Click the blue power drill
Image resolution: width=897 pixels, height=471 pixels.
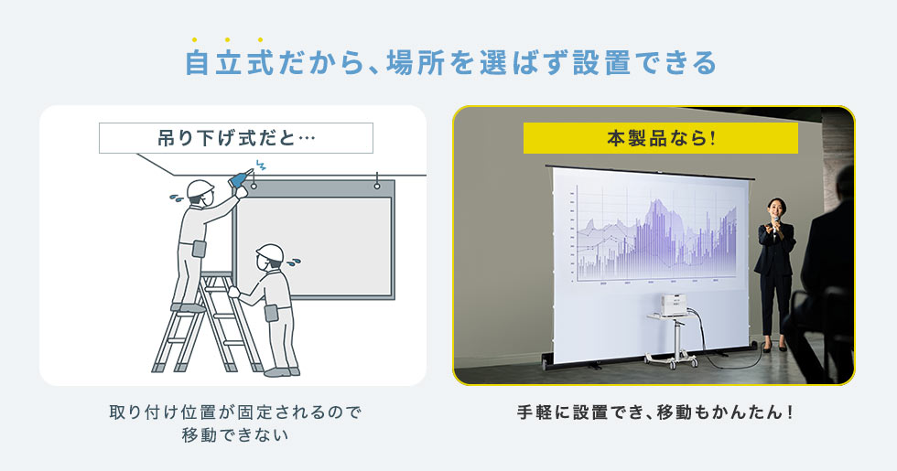point(240,178)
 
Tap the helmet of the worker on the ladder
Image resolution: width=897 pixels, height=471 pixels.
point(200,188)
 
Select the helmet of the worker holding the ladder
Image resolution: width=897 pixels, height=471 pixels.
point(270,252)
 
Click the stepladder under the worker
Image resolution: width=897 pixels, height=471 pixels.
point(207,323)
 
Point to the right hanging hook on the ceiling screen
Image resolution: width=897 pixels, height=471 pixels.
point(377,182)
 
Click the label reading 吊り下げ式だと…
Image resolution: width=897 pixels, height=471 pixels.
point(236,138)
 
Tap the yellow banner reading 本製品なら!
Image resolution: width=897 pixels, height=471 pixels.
point(661,138)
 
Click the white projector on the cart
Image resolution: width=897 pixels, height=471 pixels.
point(674,305)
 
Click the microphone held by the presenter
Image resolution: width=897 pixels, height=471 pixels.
point(775,221)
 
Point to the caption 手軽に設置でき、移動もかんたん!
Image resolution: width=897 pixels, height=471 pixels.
point(655,412)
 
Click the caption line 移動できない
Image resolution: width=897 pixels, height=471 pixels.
point(235,435)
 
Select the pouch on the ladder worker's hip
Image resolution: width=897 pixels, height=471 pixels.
point(200,249)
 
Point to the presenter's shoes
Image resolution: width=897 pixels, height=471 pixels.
point(775,347)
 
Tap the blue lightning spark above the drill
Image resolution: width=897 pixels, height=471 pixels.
point(261,166)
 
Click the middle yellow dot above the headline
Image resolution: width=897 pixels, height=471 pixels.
point(227,40)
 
